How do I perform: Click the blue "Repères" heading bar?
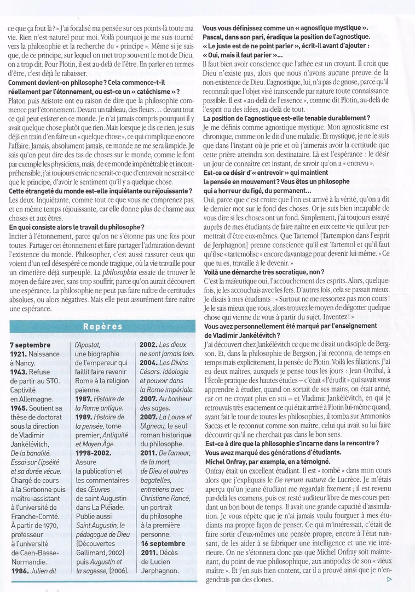pyautogui.click(x=102, y=326)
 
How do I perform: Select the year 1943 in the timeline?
pyautogui.click(x=21, y=372)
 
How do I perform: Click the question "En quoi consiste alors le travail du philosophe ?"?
pyautogui.click(x=77, y=226)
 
